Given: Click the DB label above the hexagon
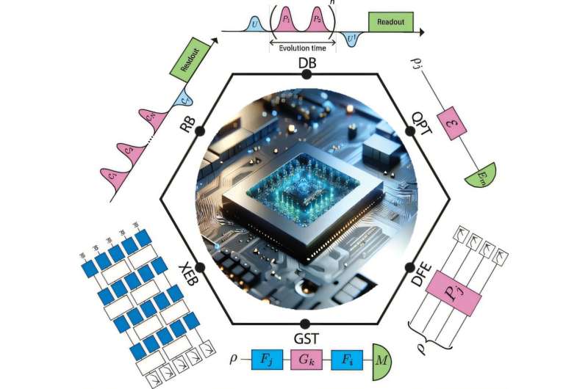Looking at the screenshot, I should (307, 62).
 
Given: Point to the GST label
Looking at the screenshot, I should (306, 338).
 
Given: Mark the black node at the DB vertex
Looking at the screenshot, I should (306, 73).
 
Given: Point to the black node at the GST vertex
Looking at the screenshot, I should (306, 323).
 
